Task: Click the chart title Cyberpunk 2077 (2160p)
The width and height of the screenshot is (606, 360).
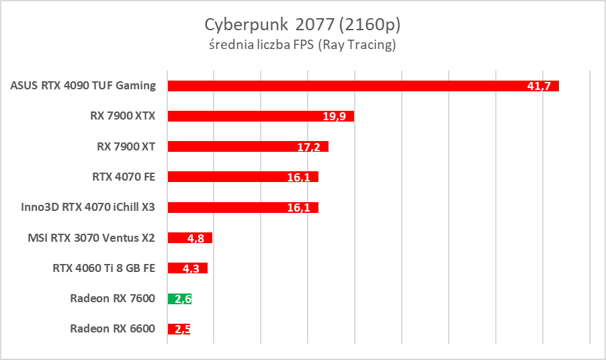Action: tap(302, 25)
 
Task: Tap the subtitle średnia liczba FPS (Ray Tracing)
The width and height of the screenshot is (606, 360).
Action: tap(302, 46)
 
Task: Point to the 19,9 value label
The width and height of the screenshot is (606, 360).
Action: tap(334, 116)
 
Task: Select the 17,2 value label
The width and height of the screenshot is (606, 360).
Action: tap(308, 146)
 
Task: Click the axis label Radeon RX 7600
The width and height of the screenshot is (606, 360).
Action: tap(112, 298)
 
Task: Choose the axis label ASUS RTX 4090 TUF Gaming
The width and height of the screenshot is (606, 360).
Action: tap(83, 85)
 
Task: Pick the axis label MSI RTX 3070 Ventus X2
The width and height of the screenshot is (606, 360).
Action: tap(91, 237)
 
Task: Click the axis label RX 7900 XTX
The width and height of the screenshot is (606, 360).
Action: tap(123, 116)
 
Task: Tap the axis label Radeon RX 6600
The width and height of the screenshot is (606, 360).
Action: tap(112, 329)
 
